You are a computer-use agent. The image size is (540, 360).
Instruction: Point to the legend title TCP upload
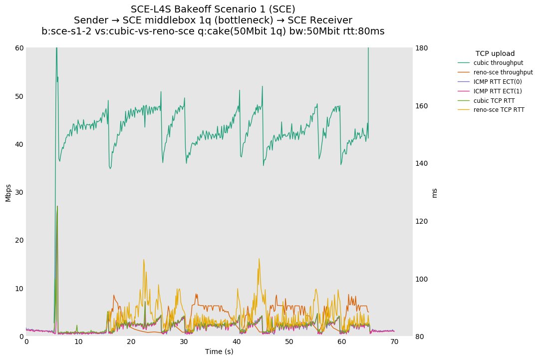coord(495,53)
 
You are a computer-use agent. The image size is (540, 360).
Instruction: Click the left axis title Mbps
coord(8,192)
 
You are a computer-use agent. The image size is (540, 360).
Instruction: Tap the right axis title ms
coord(434,193)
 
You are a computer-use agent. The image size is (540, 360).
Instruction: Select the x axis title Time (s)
coord(219,352)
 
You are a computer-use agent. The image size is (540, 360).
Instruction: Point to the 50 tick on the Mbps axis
coord(19,96)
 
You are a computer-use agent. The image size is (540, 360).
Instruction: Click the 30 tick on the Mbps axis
coord(19,192)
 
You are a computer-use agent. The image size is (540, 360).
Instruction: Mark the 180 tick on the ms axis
coord(422,48)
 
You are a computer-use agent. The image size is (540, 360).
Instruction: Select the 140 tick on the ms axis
coord(422,163)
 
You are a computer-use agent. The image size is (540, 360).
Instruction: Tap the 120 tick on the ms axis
coord(422,221)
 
